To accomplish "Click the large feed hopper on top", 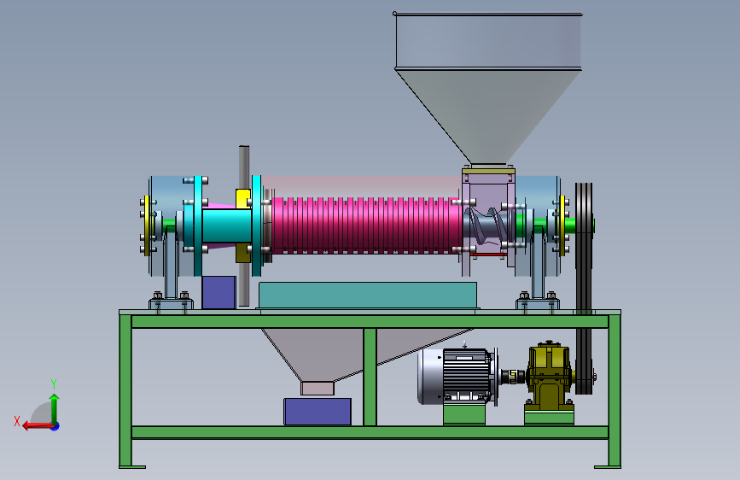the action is click(487, 80).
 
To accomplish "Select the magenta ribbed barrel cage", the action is click(367, 225).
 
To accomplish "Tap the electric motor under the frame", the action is click(457, 376).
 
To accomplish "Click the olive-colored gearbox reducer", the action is click(550, 375).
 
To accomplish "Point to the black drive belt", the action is click(584, 288).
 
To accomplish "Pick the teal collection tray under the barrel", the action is click(368, 296).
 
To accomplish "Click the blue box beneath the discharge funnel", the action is click(318, 412).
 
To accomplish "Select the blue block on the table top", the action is click(219, 292).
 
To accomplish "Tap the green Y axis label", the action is click(54, 383).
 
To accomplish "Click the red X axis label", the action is click(17, 421).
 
